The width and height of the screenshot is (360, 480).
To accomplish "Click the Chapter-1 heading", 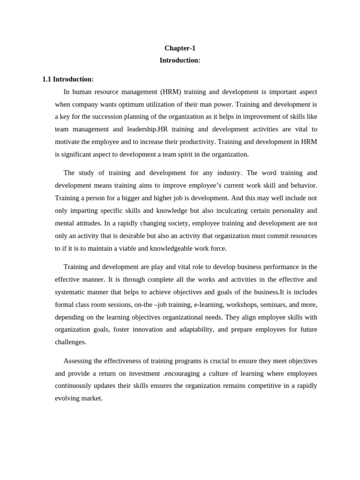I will [180, 48].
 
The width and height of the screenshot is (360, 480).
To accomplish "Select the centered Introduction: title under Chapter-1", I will [180, 60].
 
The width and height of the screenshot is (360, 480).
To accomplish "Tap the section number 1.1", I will [46, 79].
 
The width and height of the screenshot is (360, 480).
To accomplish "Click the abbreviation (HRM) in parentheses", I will [170, 92].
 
